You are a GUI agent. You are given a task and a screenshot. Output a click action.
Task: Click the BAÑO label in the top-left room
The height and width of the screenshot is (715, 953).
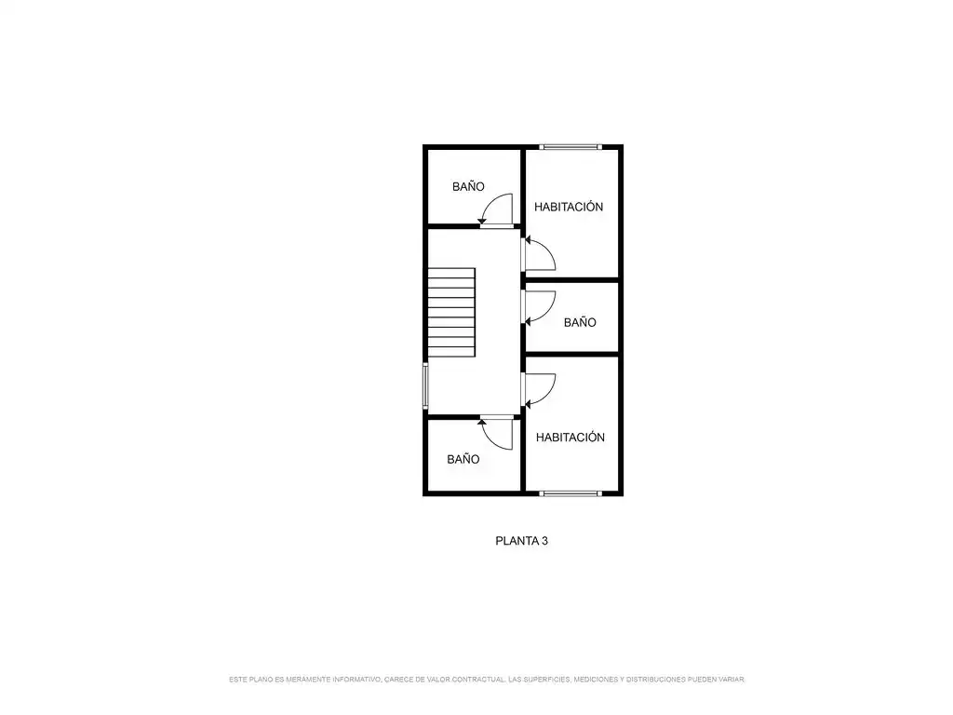pyautogui.click(x=468, y=186)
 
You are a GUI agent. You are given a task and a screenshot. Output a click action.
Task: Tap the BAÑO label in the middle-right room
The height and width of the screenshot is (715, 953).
pyautogui.click(x=580, y=322)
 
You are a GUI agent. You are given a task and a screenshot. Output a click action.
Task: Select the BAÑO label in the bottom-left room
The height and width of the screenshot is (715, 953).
pyautogui.click(x=463, y=459)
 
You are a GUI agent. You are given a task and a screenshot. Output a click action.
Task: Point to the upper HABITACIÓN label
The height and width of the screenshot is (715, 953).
pyautogui.click(x=569, y=207)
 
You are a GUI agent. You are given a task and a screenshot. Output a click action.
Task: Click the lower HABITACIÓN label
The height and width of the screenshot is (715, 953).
pyautogui.click(x=570, y=438)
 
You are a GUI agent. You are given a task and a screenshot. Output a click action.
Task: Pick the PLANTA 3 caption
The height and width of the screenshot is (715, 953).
pyautogui.click(x=521, y=541)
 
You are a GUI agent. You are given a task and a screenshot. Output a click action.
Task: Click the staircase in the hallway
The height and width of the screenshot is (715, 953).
pyautogui.click(x=451, y=313)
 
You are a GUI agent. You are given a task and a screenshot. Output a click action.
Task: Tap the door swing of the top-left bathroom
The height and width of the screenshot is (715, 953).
pyautogui.click(x=496, y=209)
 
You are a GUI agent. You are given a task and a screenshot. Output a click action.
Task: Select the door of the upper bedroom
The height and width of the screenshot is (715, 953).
pyautogui.click(x=540, y=254)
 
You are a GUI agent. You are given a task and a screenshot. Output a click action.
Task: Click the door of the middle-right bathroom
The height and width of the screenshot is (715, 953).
pyautogui.click(x=540, y=308)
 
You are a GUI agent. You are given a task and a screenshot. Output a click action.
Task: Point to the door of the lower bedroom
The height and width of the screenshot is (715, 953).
pyautogui.click(x=540, y=390)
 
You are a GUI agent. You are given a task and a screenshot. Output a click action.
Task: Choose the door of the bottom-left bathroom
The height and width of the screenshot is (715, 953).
pyautogui.click(x=496, y=433)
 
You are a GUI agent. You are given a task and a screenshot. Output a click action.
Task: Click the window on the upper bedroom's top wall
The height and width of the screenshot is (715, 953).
pyautogui.click(x=570, y=146)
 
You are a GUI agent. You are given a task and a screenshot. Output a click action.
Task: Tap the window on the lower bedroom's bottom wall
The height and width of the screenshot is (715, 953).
pyautogui.click(x=570, y=493)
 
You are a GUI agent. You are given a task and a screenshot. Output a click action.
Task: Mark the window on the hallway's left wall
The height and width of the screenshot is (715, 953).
pyautogui.click(x=425, y=386)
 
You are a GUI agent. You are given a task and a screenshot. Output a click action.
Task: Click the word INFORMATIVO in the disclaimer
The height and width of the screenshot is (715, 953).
pyautogui.click(x=357, y=679)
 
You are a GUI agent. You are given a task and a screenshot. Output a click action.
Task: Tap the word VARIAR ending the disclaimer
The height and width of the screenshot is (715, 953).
pyautogui.click(x=732, y=679)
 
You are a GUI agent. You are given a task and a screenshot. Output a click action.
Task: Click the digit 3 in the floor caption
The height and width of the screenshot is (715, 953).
pyautogui.click(x=544, y=541)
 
